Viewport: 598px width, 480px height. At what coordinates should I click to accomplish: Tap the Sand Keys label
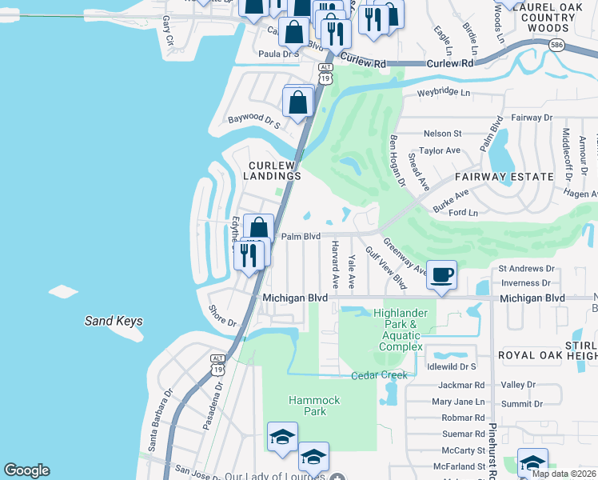114,322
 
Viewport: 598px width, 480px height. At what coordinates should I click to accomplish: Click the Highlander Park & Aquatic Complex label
401,330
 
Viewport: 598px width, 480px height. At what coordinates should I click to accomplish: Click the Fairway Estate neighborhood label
504,177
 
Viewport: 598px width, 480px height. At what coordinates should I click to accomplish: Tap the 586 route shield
558,46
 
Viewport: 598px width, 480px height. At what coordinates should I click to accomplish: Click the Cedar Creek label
380,375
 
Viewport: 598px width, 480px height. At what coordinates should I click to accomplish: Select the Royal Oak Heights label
547,354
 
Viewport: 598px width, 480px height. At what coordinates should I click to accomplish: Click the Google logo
26,470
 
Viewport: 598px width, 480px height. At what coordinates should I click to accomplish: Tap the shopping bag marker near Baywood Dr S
298,102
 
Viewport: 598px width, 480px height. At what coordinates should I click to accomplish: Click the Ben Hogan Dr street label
397,159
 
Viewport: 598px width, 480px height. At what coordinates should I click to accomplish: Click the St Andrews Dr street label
526,269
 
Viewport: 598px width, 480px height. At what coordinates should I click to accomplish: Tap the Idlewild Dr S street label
452,366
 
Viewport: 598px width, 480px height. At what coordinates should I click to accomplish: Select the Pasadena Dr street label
213,406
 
